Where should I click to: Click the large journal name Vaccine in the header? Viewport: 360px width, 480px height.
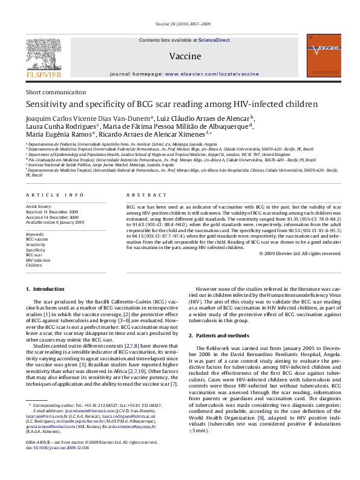point(181,56)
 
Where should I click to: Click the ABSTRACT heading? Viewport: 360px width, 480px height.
point(139,195)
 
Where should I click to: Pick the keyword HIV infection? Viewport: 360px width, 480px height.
point(39,260)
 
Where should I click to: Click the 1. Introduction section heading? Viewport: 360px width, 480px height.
point(46,290)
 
